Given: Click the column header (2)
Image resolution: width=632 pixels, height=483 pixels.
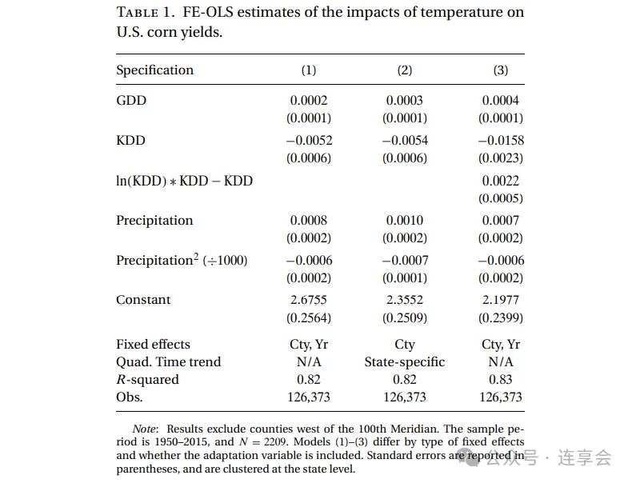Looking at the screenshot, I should point(405,70).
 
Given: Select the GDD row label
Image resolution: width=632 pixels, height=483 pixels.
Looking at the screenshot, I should point(131,101).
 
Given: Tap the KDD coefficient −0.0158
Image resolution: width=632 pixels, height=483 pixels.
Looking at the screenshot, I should point(501,141).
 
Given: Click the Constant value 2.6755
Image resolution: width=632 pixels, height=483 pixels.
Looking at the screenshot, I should point(309,300).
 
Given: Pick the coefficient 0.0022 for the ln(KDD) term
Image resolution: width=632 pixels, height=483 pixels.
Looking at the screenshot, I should point(501,181).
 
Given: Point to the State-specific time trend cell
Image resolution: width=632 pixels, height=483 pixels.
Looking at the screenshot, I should point(405,362).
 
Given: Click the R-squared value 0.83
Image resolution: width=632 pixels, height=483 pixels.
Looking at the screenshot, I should point(501,380).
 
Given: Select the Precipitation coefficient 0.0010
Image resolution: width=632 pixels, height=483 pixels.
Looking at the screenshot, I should point(405,221).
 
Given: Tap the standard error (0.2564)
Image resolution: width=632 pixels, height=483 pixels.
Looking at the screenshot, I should point(309,317).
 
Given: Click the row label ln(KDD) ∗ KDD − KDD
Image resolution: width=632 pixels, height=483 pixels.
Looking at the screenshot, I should point(184,181).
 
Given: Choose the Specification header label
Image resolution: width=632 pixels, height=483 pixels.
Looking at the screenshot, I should point(154,70).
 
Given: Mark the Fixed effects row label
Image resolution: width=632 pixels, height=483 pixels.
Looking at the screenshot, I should point(153,345).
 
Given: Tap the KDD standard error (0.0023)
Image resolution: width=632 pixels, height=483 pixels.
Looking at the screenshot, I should point(501,158).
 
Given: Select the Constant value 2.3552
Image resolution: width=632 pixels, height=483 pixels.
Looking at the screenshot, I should point(405,300).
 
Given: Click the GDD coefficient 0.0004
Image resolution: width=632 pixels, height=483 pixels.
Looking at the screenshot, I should point(501,101).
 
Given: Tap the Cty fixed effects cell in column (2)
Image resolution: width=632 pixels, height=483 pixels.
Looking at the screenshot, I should point(405,345).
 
